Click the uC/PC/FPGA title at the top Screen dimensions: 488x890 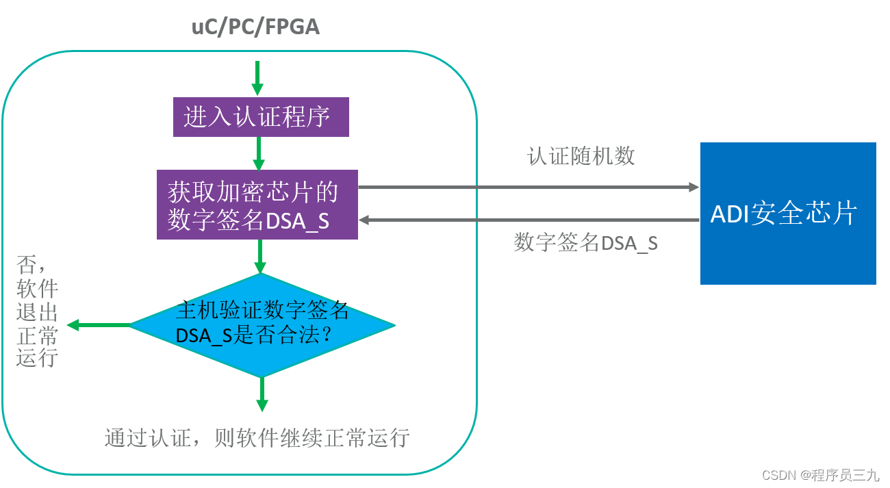point(255,27)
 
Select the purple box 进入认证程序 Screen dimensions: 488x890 point(260,117)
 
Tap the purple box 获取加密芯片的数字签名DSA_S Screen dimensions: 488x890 point(257,204)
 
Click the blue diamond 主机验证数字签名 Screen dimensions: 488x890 point(262,324)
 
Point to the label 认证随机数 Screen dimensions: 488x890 point(581,156)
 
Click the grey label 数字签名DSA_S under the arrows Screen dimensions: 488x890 point(585,243)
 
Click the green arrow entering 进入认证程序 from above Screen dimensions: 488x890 point(257,79)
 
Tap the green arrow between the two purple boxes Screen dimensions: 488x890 point(259,153)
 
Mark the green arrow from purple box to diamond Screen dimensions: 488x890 point(260,257)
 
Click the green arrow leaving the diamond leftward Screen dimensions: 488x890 point(99,325)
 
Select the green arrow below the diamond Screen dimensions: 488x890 point(262,394)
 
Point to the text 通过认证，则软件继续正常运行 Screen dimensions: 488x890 point(257,437)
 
